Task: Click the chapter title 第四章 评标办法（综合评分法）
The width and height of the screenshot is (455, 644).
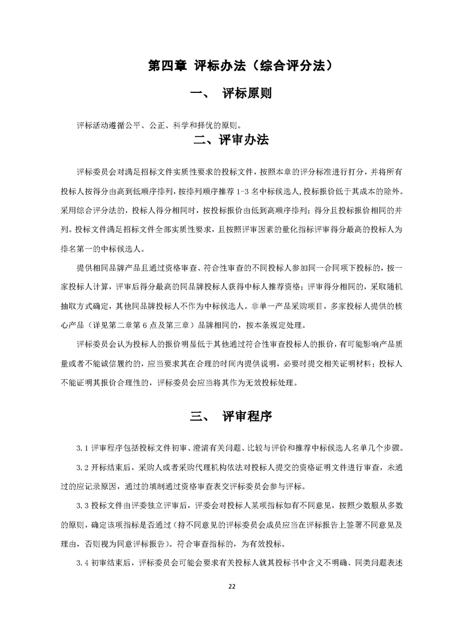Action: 240,65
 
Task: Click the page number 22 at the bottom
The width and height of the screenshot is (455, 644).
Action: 232,586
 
